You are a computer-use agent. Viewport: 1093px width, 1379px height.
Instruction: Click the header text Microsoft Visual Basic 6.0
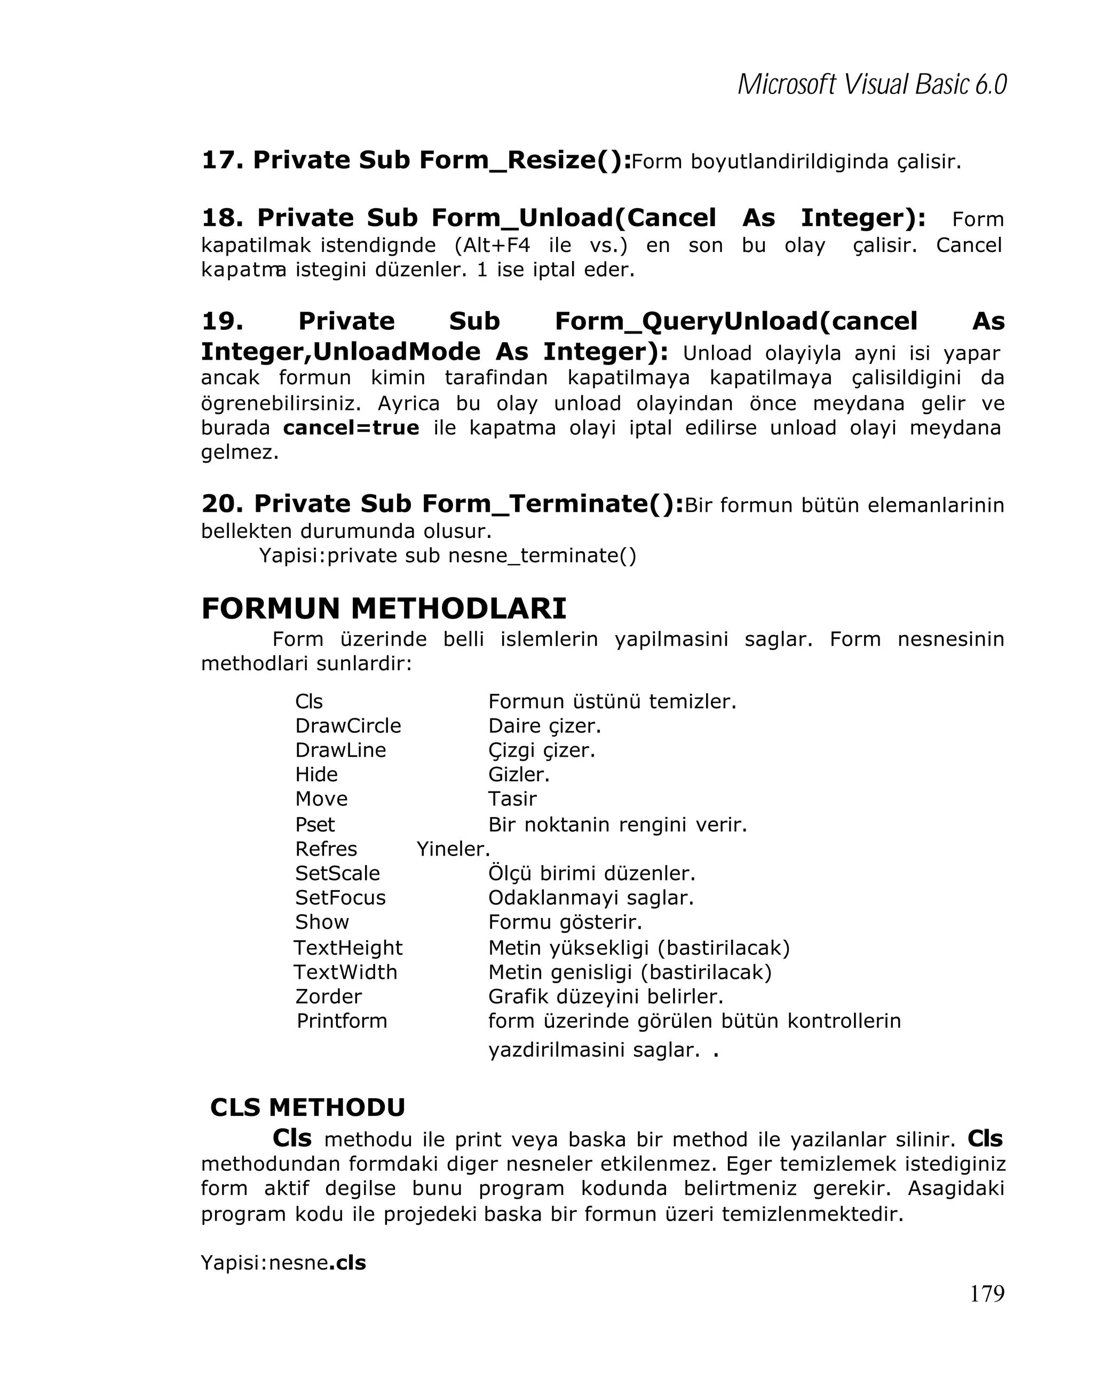tap(871, 84)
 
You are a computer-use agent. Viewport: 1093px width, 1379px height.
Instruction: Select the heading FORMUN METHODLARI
tap(384, 608)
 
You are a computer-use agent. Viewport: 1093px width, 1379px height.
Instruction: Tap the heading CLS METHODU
tap(307, 1107)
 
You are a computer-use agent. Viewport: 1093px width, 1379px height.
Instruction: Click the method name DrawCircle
tap(348, 725)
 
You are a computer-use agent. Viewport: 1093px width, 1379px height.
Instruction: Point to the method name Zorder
tap(328, 996)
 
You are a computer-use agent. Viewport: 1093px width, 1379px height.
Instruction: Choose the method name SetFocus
tap(340, 898)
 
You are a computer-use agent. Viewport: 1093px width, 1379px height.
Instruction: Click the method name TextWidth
tap(345, 972)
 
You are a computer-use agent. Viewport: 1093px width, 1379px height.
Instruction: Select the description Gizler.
tap(519, 774)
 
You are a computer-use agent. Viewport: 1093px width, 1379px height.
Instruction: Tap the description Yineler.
tap(453, 849)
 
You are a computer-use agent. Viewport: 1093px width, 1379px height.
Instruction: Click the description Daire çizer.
tap(544, 725)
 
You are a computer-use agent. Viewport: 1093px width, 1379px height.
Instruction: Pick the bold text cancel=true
tap(351, 427)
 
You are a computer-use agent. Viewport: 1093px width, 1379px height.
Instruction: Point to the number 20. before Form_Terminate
tap(222, 503)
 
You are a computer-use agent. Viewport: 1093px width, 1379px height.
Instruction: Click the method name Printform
tap(342, 1020)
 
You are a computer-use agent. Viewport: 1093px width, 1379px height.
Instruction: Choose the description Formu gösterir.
tap(565, 922)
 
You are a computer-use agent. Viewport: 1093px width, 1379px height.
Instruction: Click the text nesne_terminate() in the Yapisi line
tap(542, 555)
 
